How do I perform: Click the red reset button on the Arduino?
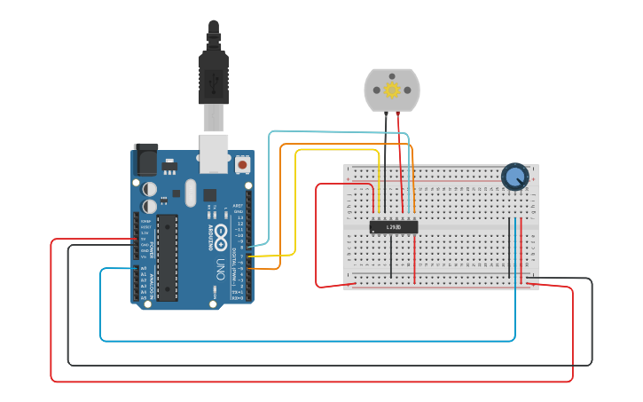point(242,165)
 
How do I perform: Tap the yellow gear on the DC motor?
point(391,90)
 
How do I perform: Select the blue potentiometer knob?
point(514,177)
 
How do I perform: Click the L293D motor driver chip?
point(393,227)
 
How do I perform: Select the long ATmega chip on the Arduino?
point(167,257)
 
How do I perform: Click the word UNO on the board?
point(219,269)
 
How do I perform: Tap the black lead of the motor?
point(384,160)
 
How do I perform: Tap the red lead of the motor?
point(400,160)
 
